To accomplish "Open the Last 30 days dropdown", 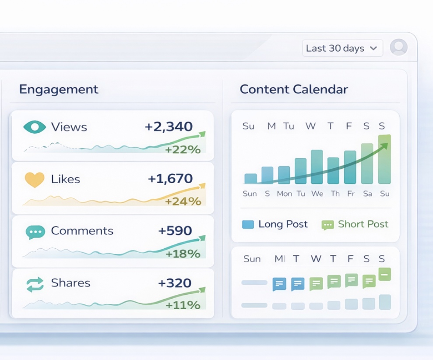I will pyautogui.click(x=342, y=48).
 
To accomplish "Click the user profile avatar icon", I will pyautogui.click(x=398, y=47).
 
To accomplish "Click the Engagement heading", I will pyautogui.click(x=59, y=89).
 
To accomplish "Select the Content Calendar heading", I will pyautogui.click(x=294, y=89).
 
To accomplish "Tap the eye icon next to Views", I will pyautogui.click(x=34, y=127).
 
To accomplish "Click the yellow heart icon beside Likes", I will pyautogui.click(x=34, y=180).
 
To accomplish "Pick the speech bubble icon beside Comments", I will pyautogui.click(x=35, y=232).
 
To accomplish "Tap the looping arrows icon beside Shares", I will pyautogui.click(x=35, y=284).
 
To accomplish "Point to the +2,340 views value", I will pyautogui.click(x=169, y=127).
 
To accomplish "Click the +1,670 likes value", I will pyautogui.click(x=170, y=179).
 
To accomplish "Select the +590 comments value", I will pyautogui.click(x=175, y=231).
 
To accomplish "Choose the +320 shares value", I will pyautogui.click(x=175, y=283).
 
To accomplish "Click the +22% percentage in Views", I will pyautogui.click(x=183, y=150).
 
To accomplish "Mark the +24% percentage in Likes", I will pyautogui.click(x=183, y=201).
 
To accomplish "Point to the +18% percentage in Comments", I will pyautogui.click(x=183, y=254).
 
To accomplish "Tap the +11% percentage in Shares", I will pyautogui.click(x=183, y=305).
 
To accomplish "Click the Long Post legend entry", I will pyautogui.click(x=275, y=224).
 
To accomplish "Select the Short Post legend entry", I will pyautogui.click(x=355, y=224).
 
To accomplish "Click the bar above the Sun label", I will pyautogui.click(x=250, y=179).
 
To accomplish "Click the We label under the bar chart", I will pyautogui.click(x=317, y=194).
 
